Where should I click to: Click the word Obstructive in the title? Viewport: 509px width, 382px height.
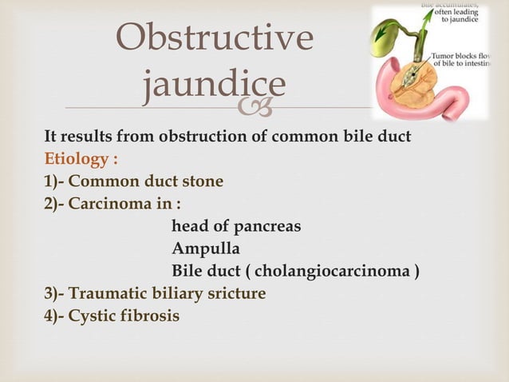pos(215,38)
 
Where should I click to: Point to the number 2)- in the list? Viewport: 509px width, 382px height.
pos(54,204)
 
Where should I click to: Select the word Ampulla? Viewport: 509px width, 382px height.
pos(205,249)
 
